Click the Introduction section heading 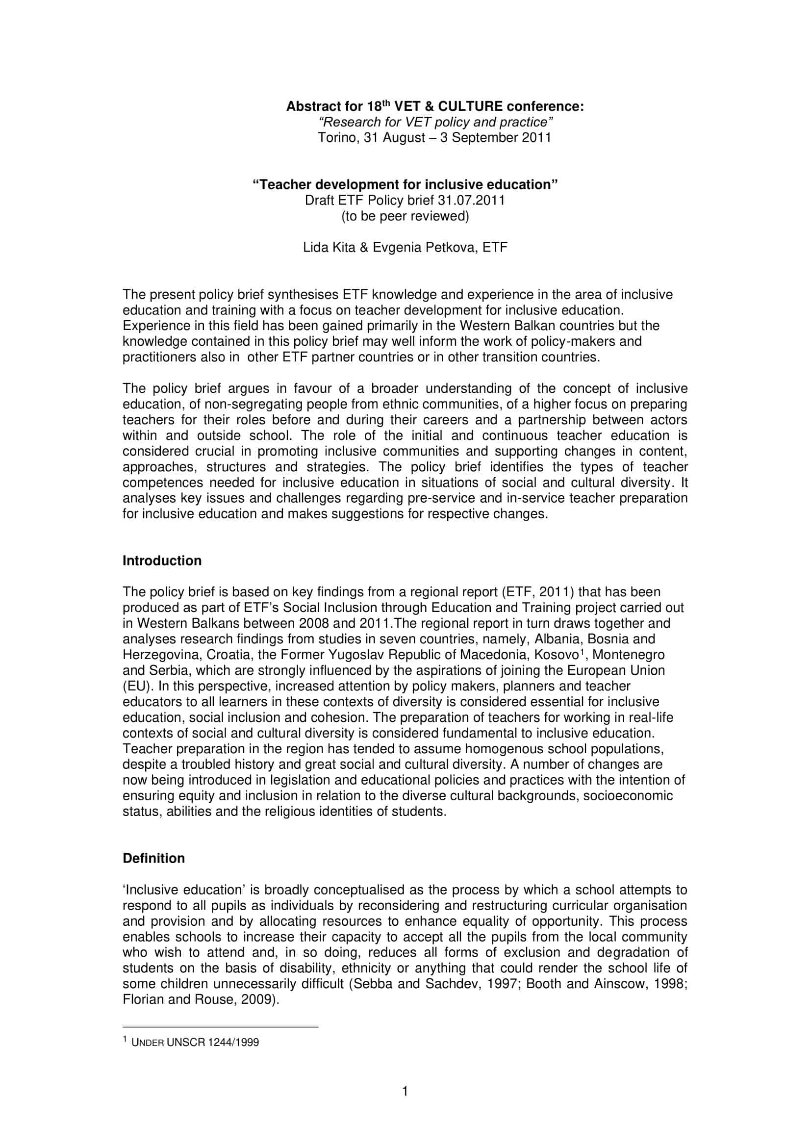tap(162, 561)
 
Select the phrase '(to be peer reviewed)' tap(405, 216)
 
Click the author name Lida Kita tap(329, 247)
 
